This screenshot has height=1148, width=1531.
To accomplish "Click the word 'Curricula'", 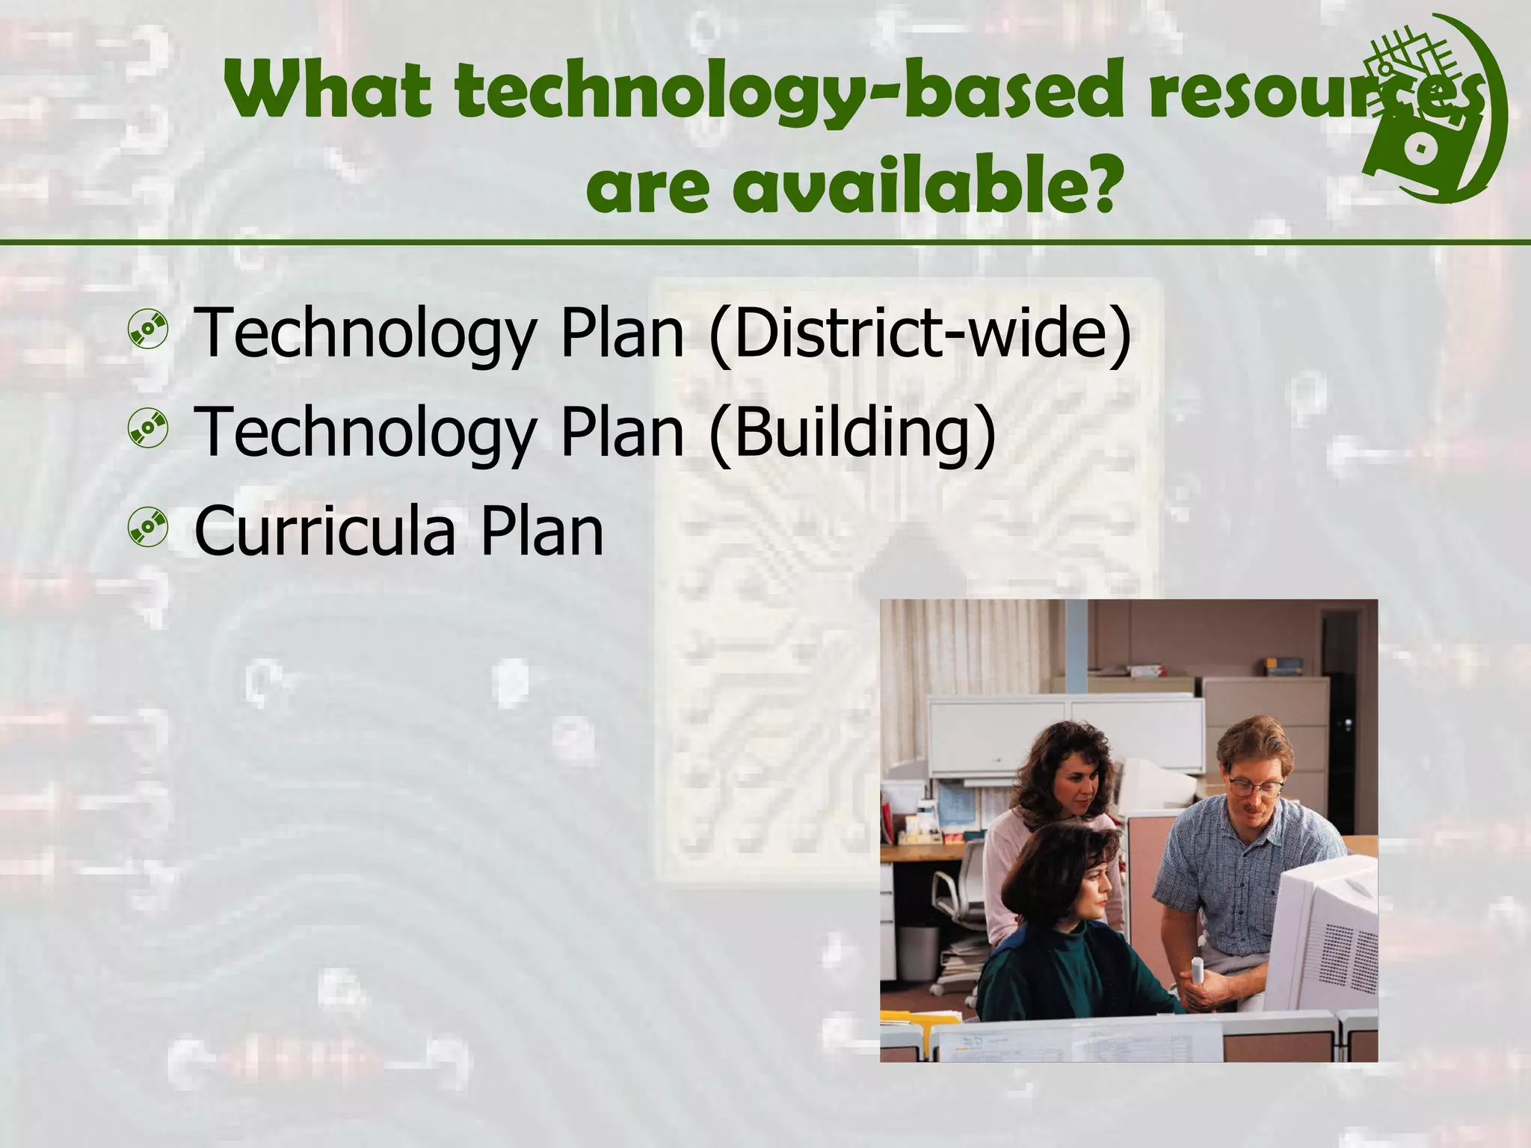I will click(x=325, y=531).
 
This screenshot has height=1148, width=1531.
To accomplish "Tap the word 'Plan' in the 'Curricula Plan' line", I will click(x=541, y=531).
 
